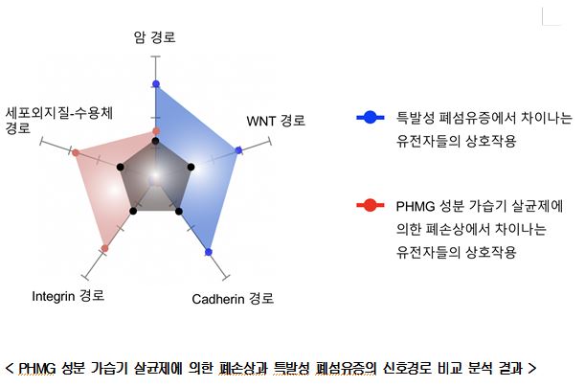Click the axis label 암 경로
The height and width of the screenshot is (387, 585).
coord(154,37)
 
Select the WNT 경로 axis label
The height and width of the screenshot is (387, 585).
coord(276,121)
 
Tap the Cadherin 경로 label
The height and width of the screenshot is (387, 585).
coord(233,299)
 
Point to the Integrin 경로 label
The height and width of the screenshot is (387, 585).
coord(68,296)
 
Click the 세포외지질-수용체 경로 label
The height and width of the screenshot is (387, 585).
coord(59,121)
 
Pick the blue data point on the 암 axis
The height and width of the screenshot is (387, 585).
coord(155,84)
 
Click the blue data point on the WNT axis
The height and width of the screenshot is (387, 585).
coord(238,150)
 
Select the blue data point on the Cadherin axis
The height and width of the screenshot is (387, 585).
coord(209,252)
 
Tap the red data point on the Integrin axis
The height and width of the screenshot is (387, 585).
coord(104,248)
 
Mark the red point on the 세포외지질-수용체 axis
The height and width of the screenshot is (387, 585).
coord(76,152)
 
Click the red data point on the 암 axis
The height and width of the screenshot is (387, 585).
coord(156,131)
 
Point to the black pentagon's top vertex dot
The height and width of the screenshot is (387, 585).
coord(155,141)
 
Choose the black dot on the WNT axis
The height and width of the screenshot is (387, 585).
coord(191,167)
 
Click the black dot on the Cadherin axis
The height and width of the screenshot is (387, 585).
coord(179,212)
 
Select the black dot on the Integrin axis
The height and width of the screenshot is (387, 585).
coord(133,212)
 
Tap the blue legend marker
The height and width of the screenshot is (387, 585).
coord(371,118)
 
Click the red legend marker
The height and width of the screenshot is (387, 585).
coord(371,205)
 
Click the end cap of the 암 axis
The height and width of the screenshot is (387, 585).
coord(155,57)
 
